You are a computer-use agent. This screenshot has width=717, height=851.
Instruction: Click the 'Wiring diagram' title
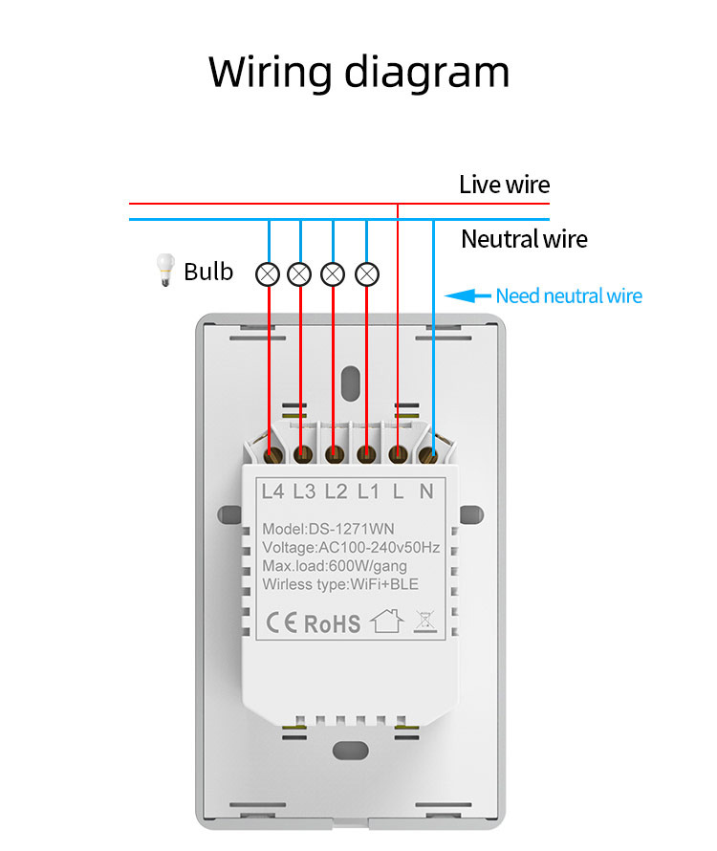click(x=358, y=73)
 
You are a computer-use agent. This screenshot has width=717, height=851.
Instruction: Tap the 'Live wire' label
click(x=504, y=185)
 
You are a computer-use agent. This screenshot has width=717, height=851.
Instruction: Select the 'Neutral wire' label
click(x=524, y=238)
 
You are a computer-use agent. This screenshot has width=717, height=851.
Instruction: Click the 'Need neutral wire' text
click(x=569, y=296)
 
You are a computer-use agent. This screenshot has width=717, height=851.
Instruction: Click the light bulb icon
click(x=164, y=272)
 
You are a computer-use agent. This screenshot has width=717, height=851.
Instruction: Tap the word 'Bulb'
click(x=208, y=272)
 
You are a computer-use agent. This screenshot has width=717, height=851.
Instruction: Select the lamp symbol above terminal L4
click(x=269, y=274)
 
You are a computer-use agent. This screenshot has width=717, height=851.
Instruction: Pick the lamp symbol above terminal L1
click(x=366, y=274)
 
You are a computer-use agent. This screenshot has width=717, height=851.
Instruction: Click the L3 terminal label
click(x=304, y=491)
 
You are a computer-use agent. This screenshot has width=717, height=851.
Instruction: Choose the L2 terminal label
click(x=336, y=491)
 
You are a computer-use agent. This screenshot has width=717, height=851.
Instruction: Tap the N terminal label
click(x=426, y=491)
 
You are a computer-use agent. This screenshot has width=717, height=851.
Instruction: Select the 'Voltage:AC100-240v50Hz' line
click(x=351, y=548)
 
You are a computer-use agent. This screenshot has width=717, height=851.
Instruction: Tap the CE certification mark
click(x=281, y=623)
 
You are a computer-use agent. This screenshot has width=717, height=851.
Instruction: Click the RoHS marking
click(x=332, y=624)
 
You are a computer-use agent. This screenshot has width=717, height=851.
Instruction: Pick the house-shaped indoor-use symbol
click(x=386, y=623)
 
